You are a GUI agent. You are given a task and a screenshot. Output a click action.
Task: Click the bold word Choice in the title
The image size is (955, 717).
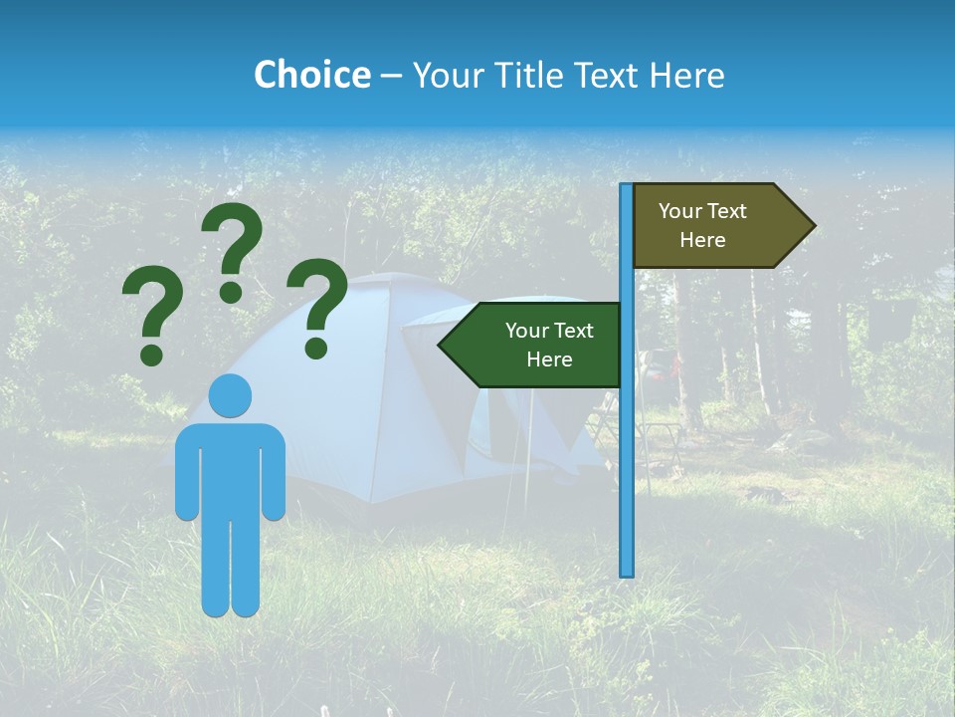pos(311,75)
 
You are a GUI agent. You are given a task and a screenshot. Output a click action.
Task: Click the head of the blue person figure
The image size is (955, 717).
pos(230,395)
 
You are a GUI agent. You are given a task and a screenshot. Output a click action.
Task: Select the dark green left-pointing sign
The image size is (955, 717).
pos(537,345)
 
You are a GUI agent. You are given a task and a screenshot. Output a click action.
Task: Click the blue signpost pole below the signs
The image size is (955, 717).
pos(627,478)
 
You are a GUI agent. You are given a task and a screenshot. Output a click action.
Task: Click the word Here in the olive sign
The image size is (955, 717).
pos(702,240)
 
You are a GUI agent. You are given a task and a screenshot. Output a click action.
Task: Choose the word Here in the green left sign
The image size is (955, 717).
pos(549,359)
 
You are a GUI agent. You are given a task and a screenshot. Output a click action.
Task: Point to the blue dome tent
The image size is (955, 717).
pos(398,398)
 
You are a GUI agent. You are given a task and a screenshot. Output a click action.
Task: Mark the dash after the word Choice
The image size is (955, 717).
pos(391,76)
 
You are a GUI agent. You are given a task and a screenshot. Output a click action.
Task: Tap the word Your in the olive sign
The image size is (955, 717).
pos(679,211)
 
